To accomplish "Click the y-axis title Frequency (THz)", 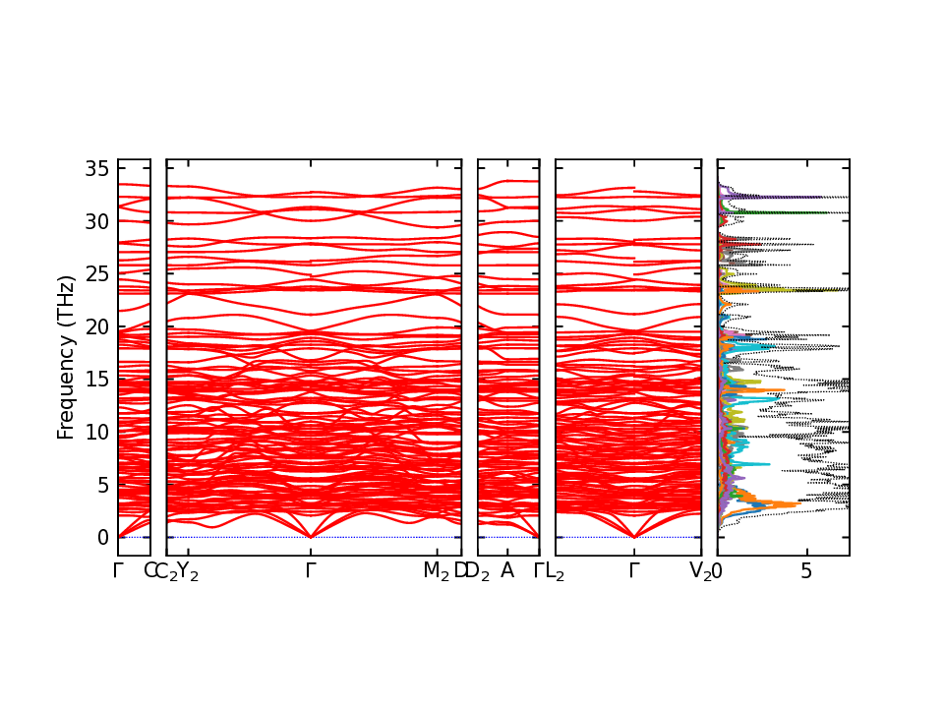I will click(66, 357).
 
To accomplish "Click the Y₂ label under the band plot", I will click(187, 571).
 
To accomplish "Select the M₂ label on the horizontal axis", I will click(436, 571).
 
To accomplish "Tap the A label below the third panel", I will click(507, 570).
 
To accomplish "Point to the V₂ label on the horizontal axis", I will click(700, 571).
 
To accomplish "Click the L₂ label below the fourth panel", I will click(555, 571).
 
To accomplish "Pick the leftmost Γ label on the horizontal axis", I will click(118, 570).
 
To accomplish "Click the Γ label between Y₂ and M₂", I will click(311, 570).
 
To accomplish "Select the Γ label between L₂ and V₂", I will click(634, 570).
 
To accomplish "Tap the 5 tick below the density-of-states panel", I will click(806, 570).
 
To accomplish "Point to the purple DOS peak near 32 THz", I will click(747, 197).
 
